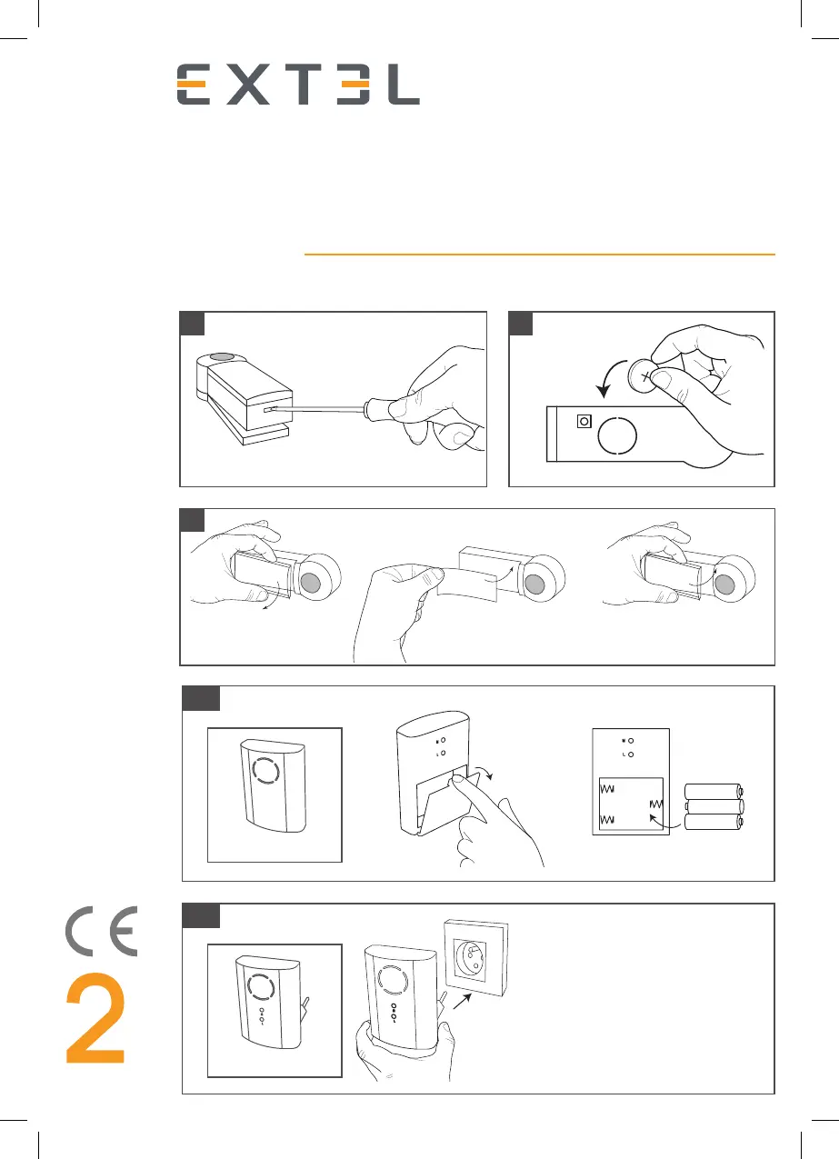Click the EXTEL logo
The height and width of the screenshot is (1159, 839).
click(298, 85)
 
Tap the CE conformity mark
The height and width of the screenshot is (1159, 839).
click(102, 932)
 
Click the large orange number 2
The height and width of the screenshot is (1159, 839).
click(95, 1018)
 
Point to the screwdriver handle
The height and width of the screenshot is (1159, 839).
click(384, 409)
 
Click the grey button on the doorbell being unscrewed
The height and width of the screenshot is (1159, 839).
click(222, 356)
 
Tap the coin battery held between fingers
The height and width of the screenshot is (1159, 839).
click(643, 375)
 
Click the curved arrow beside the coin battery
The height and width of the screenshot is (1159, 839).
click(609, 378)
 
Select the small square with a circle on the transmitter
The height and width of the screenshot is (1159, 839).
click(584, 421)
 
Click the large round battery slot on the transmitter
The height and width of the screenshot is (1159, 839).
click(617, 436)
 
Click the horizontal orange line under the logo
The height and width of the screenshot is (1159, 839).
click(540, 255)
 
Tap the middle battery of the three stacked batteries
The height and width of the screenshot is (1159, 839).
click(714, 806)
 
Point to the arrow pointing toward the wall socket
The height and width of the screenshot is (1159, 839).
click(462, 1001)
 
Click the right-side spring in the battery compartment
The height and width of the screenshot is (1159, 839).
click(656, 804)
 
